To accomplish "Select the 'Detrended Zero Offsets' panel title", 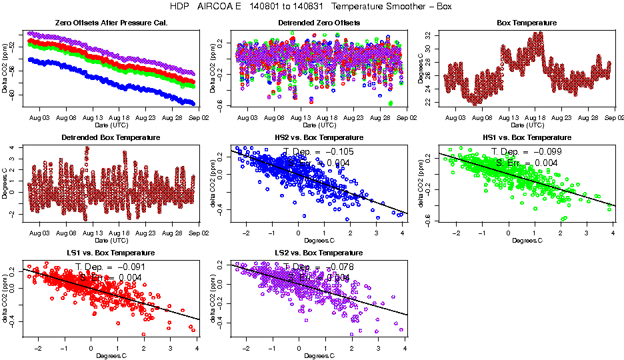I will pos(319,23).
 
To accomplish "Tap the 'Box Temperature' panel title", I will pos(527,23).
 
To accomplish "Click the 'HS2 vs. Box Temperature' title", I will pos(319,137).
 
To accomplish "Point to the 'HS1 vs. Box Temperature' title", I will pos(527,137).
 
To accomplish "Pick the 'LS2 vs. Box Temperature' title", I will pos(319,253).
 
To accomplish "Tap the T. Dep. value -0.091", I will pos(130,267).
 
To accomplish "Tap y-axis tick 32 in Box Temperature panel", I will pos(428,35).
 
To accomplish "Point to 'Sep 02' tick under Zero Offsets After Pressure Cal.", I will pos(199,117).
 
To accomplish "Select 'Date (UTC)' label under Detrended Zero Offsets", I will pos(319,125).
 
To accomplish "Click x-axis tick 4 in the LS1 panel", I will pos(197,348).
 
